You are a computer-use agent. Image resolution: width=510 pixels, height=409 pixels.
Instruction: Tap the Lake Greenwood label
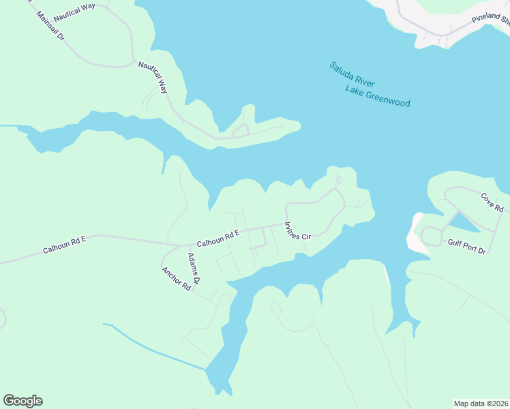377,96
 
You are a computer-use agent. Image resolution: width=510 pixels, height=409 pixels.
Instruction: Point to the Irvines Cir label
297,230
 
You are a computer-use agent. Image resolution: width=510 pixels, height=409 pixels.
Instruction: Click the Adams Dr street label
194,268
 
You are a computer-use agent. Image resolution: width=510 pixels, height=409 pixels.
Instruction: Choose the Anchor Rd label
176,279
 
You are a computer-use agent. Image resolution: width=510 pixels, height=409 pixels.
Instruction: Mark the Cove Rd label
492,202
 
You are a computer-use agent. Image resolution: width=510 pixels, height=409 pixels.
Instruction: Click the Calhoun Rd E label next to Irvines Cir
218,239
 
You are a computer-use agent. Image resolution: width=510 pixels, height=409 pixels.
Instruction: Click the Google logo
22,401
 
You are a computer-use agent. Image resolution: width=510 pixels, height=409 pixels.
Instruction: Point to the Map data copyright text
481,403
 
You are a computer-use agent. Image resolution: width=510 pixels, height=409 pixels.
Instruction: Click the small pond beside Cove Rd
463,222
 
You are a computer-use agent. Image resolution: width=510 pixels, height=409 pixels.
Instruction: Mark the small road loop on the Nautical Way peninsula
240,131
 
